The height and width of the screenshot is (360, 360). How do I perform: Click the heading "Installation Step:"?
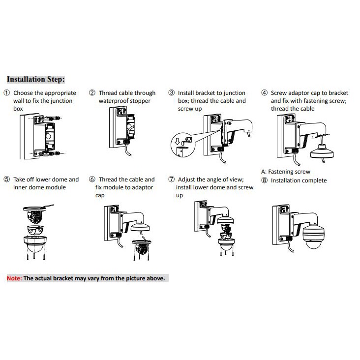pos(35,79)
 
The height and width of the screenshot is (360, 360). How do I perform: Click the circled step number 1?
pos(6,93)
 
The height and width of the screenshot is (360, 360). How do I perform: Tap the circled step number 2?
pos(92,93)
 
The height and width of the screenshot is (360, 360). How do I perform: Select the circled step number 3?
pos(172,93)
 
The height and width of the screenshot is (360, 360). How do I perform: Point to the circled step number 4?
pos(264,93)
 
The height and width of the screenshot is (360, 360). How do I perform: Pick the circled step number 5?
pos(6,180)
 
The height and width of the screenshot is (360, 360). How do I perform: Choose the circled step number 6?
pos(92,180)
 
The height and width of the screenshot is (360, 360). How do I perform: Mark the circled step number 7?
pos(172,180)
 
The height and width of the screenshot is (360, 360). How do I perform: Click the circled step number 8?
pos(264,180)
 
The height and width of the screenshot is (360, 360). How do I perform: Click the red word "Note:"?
pos(14,278)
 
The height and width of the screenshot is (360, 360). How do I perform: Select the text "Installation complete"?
pos(299,180)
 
